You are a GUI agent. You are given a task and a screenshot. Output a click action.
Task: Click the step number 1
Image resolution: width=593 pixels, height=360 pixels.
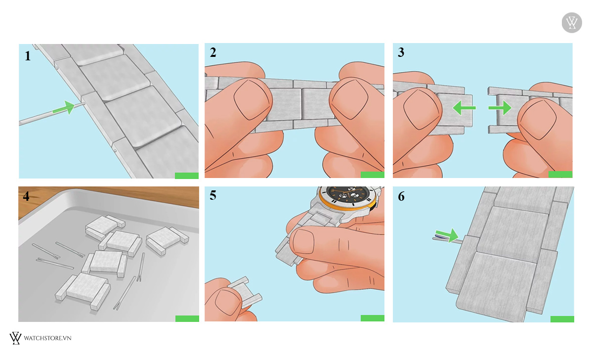pos(28,56)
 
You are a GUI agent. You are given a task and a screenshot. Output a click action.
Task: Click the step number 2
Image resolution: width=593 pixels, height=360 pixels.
pos(213,52)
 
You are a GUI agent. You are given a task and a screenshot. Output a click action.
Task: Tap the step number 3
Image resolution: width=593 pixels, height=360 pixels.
pos(401,52)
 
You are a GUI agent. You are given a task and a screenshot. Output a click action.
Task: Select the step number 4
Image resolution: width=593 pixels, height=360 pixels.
pos(26,196)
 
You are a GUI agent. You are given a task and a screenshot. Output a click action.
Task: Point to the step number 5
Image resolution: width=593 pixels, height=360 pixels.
pos(213,195)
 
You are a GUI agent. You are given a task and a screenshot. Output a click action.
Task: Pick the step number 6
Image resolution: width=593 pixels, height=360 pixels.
pos(401,196)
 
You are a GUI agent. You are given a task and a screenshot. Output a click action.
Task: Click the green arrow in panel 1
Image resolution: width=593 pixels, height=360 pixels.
pos(64,108)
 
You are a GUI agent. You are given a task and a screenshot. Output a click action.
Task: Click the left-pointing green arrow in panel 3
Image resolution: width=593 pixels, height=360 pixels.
pos(465,108)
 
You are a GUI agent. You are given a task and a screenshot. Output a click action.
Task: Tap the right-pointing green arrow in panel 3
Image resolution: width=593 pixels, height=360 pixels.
pos(500,108)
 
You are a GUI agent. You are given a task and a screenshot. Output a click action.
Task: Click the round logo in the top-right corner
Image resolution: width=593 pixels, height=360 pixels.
pos(572,23)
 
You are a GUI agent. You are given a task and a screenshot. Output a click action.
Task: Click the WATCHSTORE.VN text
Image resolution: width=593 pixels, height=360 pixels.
pos(47,338)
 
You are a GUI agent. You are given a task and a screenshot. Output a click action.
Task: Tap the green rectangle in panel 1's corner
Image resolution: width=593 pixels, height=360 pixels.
pos(187,176)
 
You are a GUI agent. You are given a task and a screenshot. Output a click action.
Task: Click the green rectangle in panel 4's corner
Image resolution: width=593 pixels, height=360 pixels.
pos(187,318)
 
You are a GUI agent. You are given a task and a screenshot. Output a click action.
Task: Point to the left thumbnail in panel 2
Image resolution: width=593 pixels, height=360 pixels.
pos(252,100)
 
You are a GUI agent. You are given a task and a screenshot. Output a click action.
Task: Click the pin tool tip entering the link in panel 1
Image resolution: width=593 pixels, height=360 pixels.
pos(84,103)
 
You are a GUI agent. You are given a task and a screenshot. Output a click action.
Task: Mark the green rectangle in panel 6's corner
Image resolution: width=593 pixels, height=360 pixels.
pos(562,319)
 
